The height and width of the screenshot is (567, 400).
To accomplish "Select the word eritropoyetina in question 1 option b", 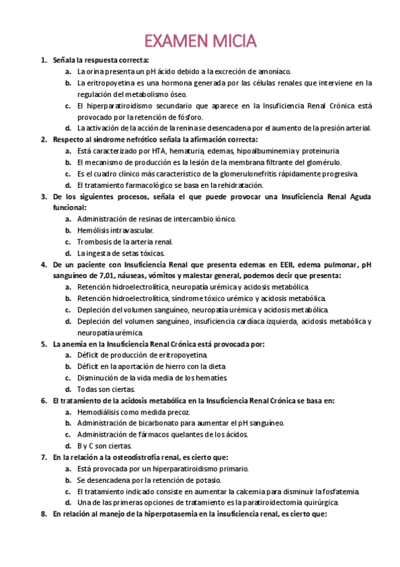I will tap(109, 83).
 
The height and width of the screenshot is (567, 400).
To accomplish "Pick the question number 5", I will tap(43, 344).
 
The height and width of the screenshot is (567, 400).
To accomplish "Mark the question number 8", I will tap(43, 514).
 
